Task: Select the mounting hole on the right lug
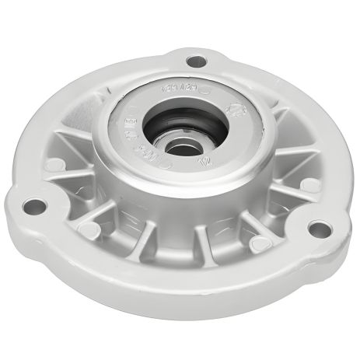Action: click(x=316, y=228)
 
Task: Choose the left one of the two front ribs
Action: click(x=153, y=233)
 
